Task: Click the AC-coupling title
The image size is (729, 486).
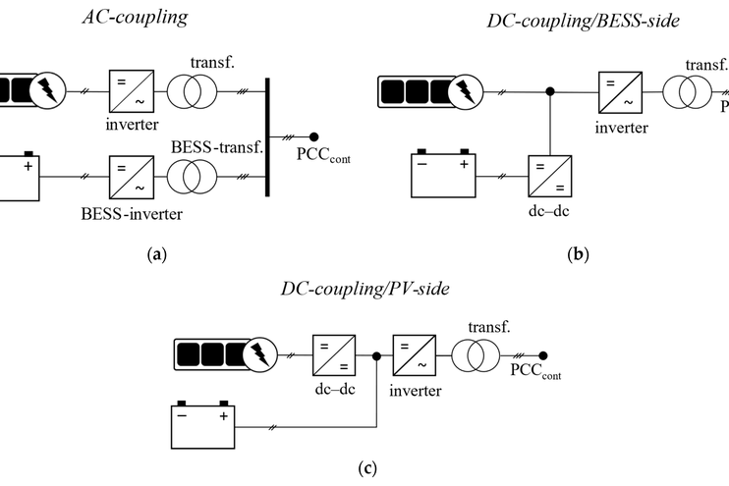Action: click(136, 18)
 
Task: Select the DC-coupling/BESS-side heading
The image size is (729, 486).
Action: click(583, 21)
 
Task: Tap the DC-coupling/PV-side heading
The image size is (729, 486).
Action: click(365, 289)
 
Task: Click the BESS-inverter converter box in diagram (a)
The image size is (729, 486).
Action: click(132, 177)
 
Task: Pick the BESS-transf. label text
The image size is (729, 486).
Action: click(217, 147)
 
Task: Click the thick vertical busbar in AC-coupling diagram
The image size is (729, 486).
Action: click(267, 137)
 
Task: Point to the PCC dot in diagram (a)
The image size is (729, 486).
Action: click(313, 136)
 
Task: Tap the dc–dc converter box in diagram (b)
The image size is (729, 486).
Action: click(550, 177)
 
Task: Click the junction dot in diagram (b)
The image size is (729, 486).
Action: click(550, 91)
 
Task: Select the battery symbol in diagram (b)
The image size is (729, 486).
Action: click(443, 174)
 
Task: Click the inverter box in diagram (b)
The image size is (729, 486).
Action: click(620, 92)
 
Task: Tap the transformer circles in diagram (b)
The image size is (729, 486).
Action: click(687, 92)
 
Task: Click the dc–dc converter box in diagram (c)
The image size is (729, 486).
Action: click(334, 355)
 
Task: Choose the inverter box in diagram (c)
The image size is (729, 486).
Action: click(415, 355)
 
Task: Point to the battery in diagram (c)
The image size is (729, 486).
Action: click(203, 425)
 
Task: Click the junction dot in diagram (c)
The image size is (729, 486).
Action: click(376, 356)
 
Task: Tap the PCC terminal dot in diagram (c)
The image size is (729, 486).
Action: click(542, 355)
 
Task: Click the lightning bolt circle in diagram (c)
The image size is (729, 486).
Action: click(260, 354)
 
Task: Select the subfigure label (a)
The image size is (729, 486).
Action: click(156, 254)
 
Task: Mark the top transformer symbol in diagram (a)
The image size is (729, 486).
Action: click(192, 91)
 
